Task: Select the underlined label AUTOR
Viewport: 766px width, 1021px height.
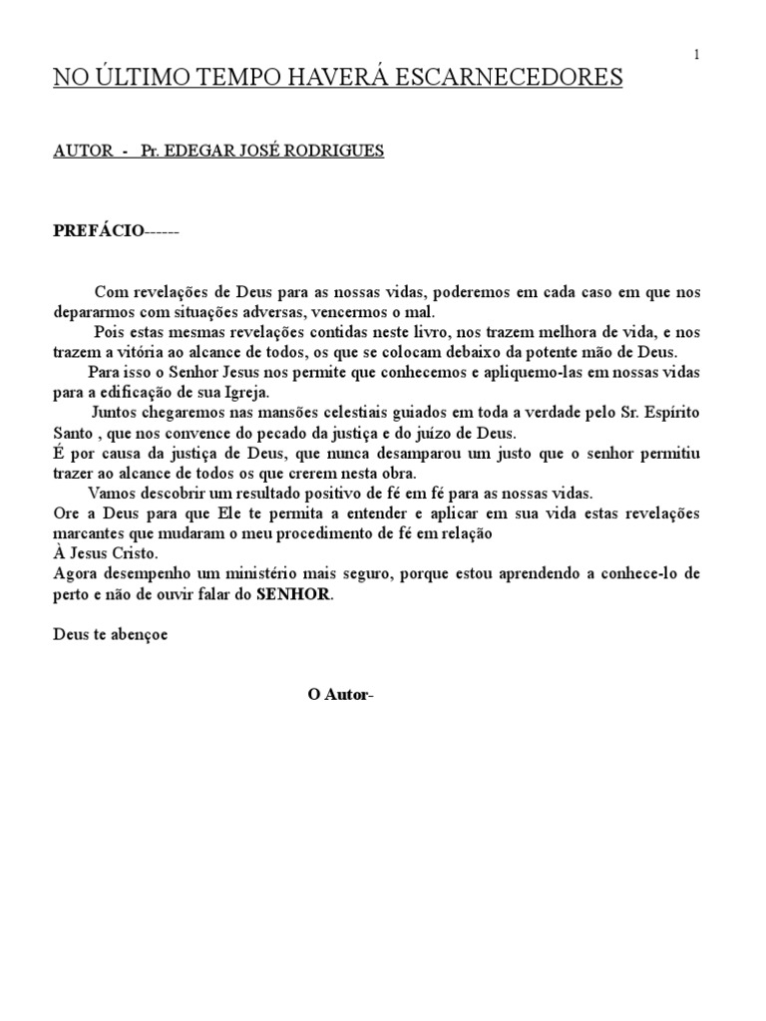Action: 80,151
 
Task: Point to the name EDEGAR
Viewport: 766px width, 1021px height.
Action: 202,151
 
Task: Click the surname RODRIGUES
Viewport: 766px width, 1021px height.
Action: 334,151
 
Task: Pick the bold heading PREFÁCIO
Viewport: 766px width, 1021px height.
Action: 98,231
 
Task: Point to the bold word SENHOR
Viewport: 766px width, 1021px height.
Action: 293,595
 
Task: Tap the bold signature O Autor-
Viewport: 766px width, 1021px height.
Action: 340,694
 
